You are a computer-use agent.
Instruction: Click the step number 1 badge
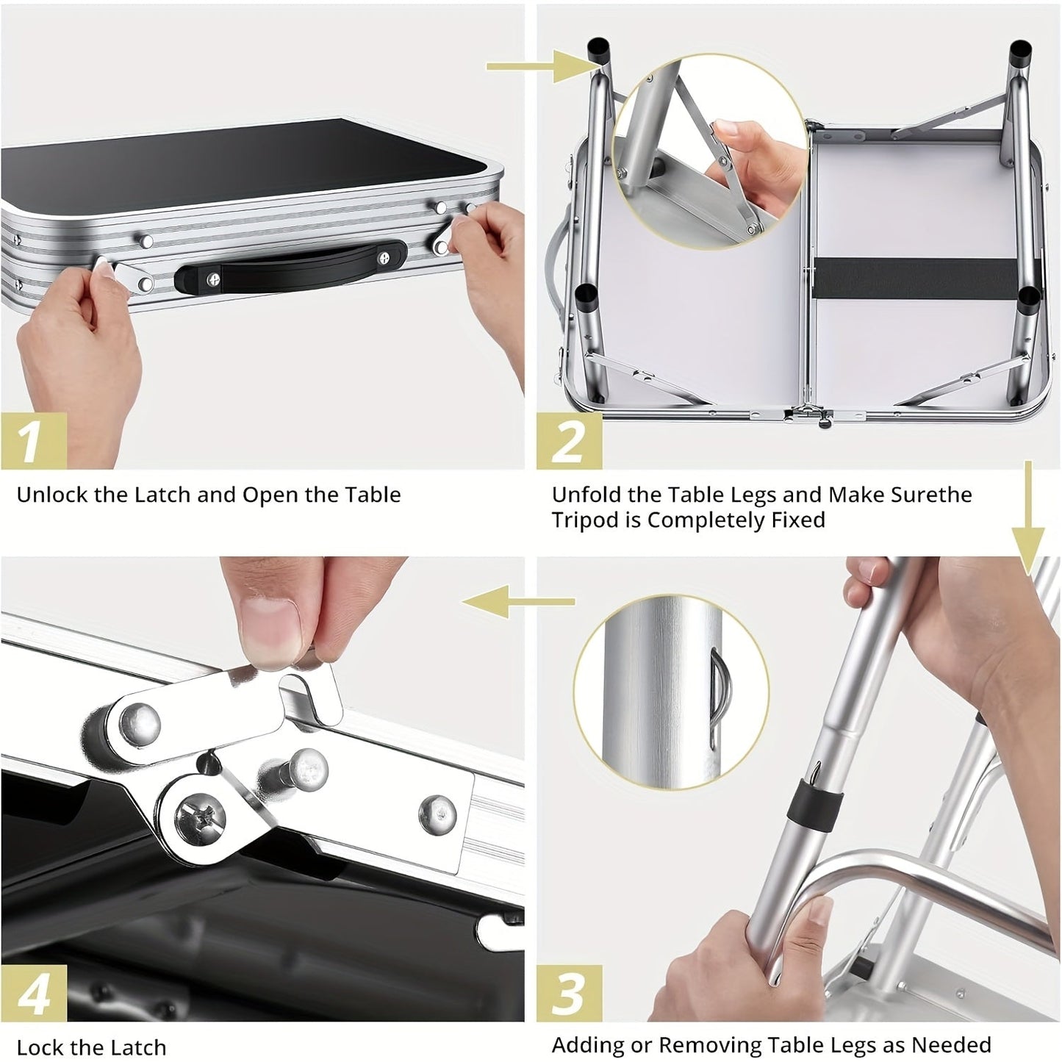(x=34, y=440)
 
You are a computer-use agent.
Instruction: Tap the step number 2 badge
(x=569, y=440)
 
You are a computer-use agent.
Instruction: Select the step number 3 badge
(x=569, y=993)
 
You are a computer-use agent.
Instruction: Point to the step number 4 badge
(x=34, y=993)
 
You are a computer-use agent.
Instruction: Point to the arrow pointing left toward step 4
(x=518, y=602)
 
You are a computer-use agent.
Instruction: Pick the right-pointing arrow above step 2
(x=537, y=68)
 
